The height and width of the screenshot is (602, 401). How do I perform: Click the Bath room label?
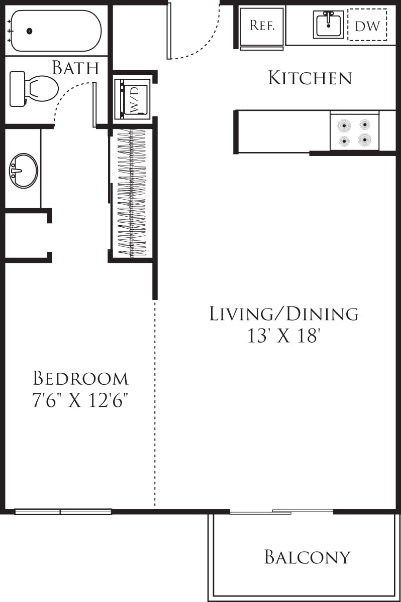pos(75,68)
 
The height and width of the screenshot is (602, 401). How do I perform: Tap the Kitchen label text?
pos(310,78)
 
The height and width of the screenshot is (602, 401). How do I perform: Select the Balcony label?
pos(307,557)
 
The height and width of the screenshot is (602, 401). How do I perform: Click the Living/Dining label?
pos(284,314)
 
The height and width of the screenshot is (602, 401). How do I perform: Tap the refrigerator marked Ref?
pos(262,26)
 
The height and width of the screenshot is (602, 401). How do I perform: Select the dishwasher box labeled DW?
pos(367,25)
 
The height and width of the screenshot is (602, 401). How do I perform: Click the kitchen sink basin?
pos(328,24)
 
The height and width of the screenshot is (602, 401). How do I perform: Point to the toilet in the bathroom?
pos(35,88)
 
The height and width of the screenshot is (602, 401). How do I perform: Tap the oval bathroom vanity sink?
pos(23,171)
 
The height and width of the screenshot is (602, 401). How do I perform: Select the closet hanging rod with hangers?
pos(132,193)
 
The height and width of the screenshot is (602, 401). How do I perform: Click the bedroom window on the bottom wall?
pos(63,512)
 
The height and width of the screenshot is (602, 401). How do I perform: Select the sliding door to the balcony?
pos(281,512)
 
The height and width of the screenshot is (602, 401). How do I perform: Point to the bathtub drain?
pos(29,31)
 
